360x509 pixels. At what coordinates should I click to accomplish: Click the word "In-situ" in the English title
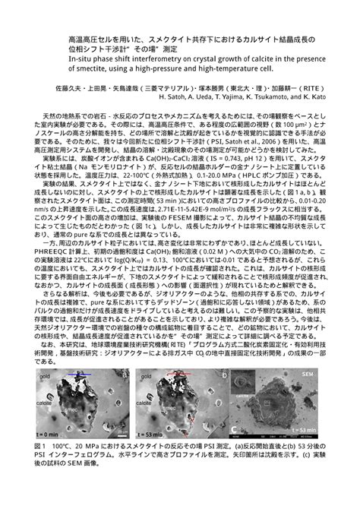pos(80,58)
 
